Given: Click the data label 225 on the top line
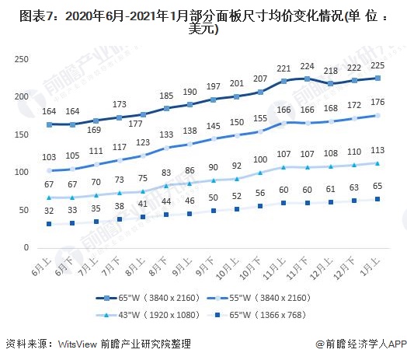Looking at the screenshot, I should click(x=378, y=65).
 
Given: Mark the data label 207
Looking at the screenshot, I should click(x=259, y=79).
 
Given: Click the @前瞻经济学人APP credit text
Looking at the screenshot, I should click(x=361, y=343).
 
